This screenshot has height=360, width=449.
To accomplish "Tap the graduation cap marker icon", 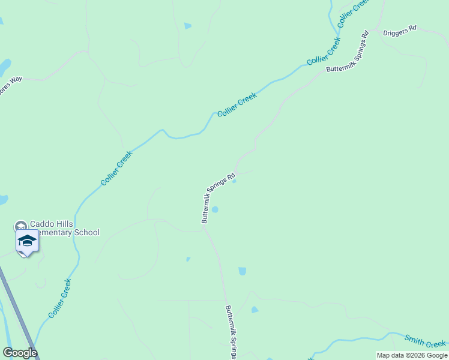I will pyautogui.click(x=27, y=242).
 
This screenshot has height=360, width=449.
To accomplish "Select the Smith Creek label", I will pyautogui.click(x=424, y=341).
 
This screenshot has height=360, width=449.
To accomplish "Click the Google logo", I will pyautogui.click(x=20, y=353).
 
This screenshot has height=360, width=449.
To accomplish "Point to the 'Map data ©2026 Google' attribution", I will pyautogui.click(x=412, y=355).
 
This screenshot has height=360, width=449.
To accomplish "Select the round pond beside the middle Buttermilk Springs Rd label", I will pyautogui.click(x=215, y=209).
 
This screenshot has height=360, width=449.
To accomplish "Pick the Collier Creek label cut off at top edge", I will pyautogui.click(x=353, y=13).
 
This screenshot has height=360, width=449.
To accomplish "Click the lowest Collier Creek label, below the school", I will pyautogui.click(x=60, y=298).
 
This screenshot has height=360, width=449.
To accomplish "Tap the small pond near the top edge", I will pyautogui.click(x=188, y=26).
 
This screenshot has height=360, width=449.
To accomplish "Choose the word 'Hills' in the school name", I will pyautogui.click(x=67, y=224).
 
